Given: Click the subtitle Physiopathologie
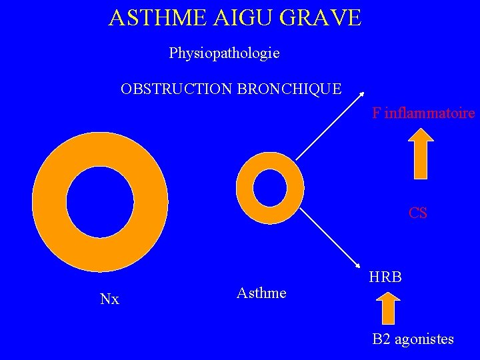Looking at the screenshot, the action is click(x=224, y=53).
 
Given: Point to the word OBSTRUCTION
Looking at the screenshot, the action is click(x=177, y=89).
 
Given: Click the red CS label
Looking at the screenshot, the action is click(x=418, y=213).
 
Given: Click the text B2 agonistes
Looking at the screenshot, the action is click(x=413, y=339).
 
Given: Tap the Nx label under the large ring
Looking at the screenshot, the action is click(x=109, y=299).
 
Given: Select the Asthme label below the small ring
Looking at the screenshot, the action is click(x=261, y=293).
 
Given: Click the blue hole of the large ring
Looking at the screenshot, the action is click(x=100, y=202).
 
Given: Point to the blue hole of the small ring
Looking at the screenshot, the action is click(x=270, y=187).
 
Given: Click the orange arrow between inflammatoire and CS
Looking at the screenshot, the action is click(x=420, y=155).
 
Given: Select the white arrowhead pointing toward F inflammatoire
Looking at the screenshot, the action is click(x=361, y=95).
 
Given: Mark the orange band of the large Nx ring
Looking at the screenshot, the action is click(x=50, y=202).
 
